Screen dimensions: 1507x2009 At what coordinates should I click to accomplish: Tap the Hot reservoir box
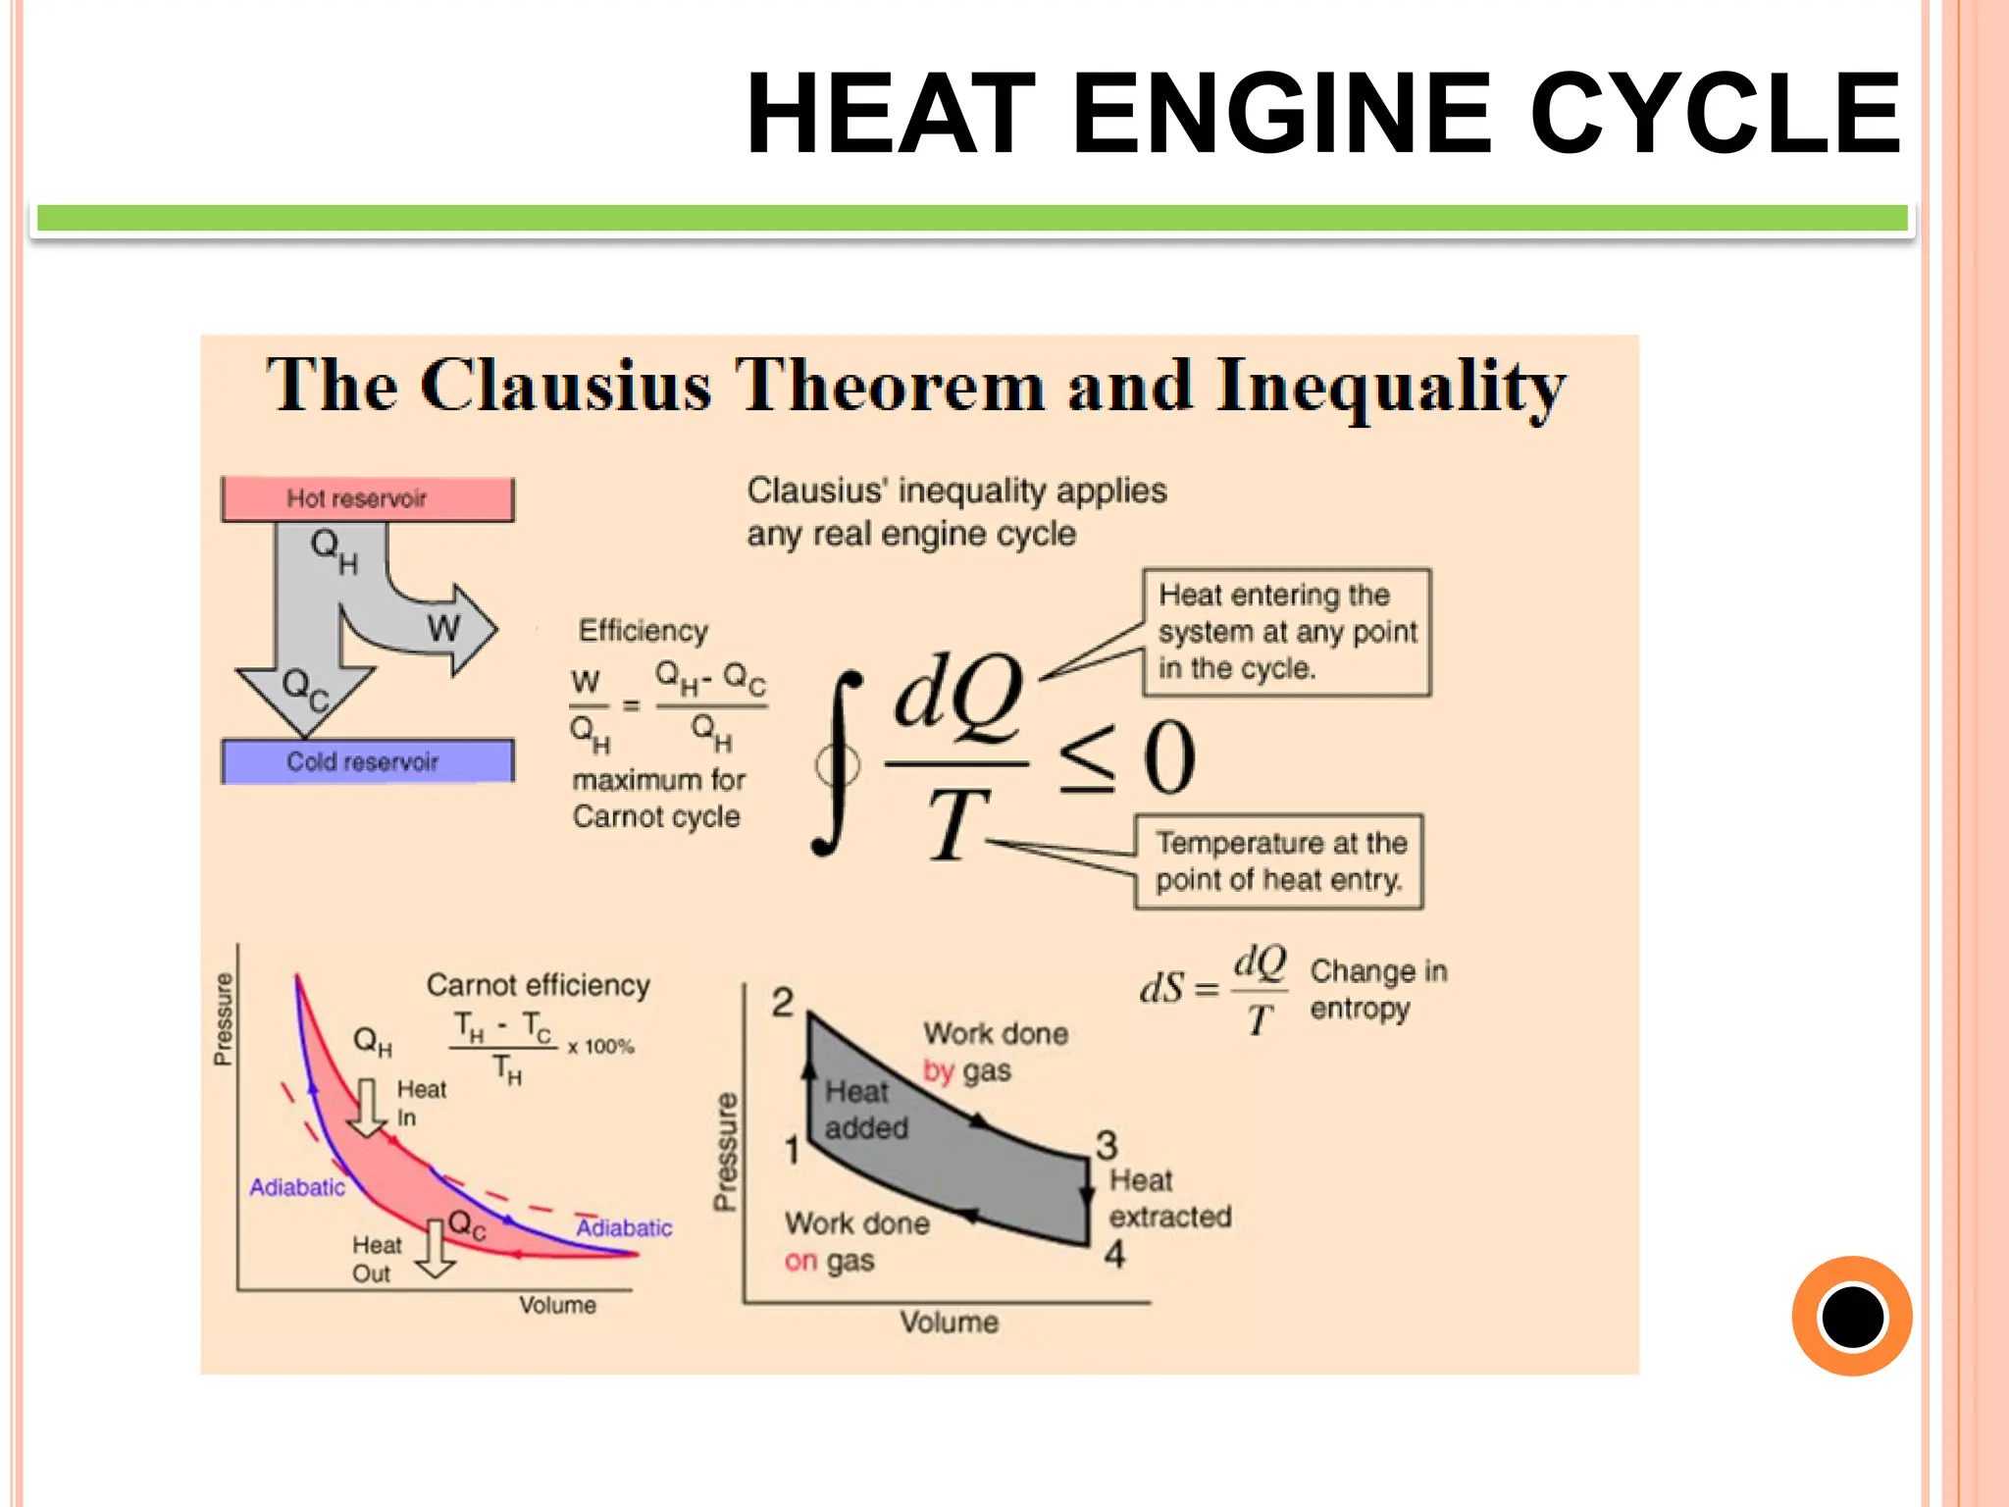coord(367,498)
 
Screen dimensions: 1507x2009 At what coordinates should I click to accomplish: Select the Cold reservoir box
coord(367,761)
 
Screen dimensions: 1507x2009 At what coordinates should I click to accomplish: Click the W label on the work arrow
coord(443,628)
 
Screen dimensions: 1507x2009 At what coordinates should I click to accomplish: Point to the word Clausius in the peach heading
coord(565,387)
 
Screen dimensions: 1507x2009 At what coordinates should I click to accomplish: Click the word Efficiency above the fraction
coord(643,631)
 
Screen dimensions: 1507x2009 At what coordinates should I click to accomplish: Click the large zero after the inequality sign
coord(1170,757)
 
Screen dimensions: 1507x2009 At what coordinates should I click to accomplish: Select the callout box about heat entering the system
coord(1286,633)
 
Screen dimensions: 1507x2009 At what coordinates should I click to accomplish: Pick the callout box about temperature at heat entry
coord(1279,861)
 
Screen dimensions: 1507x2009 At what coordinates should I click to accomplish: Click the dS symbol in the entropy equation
coord(1162,988)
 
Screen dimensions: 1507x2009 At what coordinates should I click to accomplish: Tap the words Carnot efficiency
coord(538,985)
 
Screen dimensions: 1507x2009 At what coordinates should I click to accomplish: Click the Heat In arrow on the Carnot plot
coord(368,1108)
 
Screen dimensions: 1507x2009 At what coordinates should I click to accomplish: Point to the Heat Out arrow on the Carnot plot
coord(435,1249)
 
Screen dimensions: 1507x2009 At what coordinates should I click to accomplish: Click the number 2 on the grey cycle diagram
coord(782,1003)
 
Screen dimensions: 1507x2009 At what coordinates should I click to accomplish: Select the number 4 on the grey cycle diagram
coord(1114,1255)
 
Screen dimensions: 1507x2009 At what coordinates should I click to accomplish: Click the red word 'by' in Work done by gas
coord(938,1071)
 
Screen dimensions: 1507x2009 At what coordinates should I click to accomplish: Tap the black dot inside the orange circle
coord(1852,1317)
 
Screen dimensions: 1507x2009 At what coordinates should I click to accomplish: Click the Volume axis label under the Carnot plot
coord(557,1306)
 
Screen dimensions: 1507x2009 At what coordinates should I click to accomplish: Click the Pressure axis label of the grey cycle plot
coord(725,1152)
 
